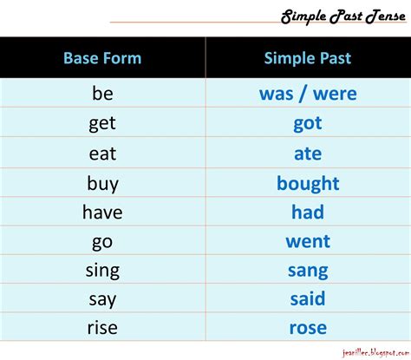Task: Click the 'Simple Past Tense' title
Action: (x=343, y=16)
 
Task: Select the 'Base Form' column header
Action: (x=102, y=58)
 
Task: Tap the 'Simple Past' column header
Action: (x=308, y=58)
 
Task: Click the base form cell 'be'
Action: (x=102, y=93)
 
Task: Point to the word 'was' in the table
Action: (x=277, y=94)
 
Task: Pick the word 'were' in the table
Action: (x=335, y=94)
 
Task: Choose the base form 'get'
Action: (x=102, y=124)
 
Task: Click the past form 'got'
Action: (x=308, y=124)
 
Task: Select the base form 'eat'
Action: (x=102, y=154)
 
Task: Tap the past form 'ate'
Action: (x=308, y=154)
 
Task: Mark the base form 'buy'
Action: (x=103, y=184)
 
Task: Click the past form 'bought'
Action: (x=308, y=184)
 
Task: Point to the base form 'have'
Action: (x=102, y=212)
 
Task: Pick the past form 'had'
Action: (x=308, y=212)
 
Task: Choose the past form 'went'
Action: (x=308, y=241)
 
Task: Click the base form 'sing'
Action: (x=102, y=271)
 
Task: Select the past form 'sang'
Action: (x=308, y=272)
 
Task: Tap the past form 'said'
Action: (x=308, y=298)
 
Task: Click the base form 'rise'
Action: (x=102, y=328)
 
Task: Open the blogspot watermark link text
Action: (x=375, y=353)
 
